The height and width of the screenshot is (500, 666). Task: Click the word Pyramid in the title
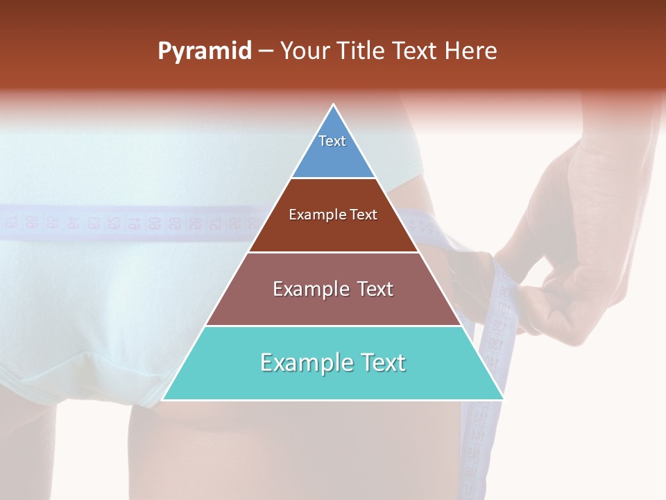[x=205, y=51]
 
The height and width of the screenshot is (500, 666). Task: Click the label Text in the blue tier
[x=332, y=141]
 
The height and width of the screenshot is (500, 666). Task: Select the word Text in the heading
[x=416, y=51]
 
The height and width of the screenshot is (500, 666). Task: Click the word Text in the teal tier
[x=381, y=362]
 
